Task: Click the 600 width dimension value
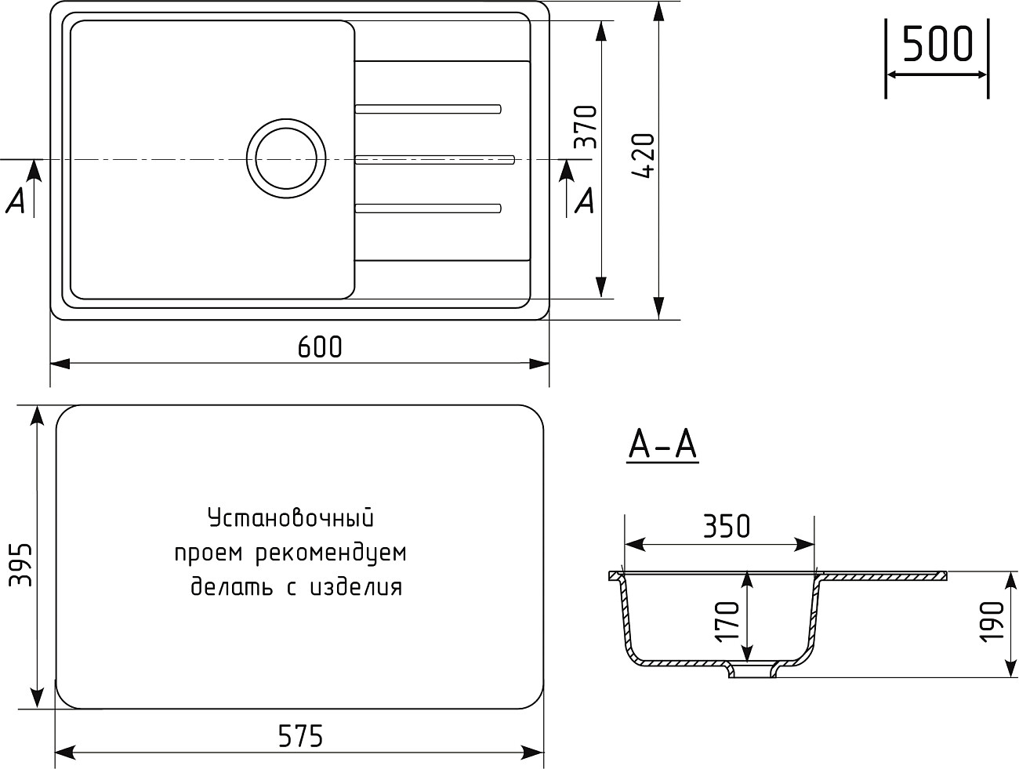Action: click(320, 346)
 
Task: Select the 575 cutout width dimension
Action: click(300, 735)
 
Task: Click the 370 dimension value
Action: click(586, 127)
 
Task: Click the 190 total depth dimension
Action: click(993, 622)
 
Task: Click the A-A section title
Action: click(662, 444)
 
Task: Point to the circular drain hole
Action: click(285, 158)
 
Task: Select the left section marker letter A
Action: click(16, 201)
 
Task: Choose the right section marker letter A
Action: click(585, 201)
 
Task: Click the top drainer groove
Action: click(428, 108)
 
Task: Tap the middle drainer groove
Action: click(435, 160)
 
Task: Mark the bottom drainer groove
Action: click(428, 208)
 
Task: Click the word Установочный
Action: click(289, 518)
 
